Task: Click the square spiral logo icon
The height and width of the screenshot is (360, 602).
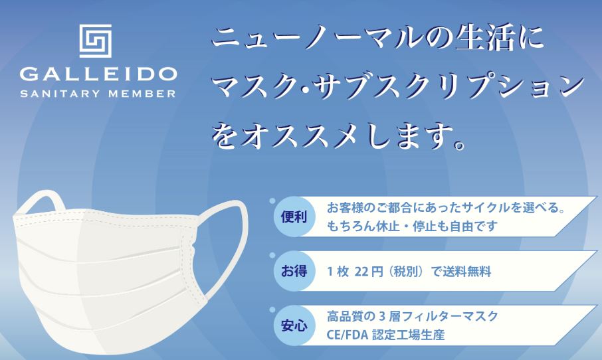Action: coord(96,41)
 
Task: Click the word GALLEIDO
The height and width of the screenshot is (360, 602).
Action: coord(98,74)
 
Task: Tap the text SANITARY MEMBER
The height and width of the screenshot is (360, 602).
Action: coord(98,93)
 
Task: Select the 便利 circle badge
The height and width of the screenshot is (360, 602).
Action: coord(294,217)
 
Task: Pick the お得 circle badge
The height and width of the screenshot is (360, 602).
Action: coord(294,272)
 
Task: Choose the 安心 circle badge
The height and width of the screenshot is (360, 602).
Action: coord(294,326)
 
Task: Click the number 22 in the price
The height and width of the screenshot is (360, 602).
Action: coord(361,272)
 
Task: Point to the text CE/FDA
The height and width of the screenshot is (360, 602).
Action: coord(347,335)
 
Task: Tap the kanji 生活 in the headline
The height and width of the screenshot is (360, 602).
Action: coord(485,39)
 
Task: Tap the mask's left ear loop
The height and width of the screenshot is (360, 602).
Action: coord(41,201)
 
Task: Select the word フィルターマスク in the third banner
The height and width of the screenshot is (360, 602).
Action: coord(450,316)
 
